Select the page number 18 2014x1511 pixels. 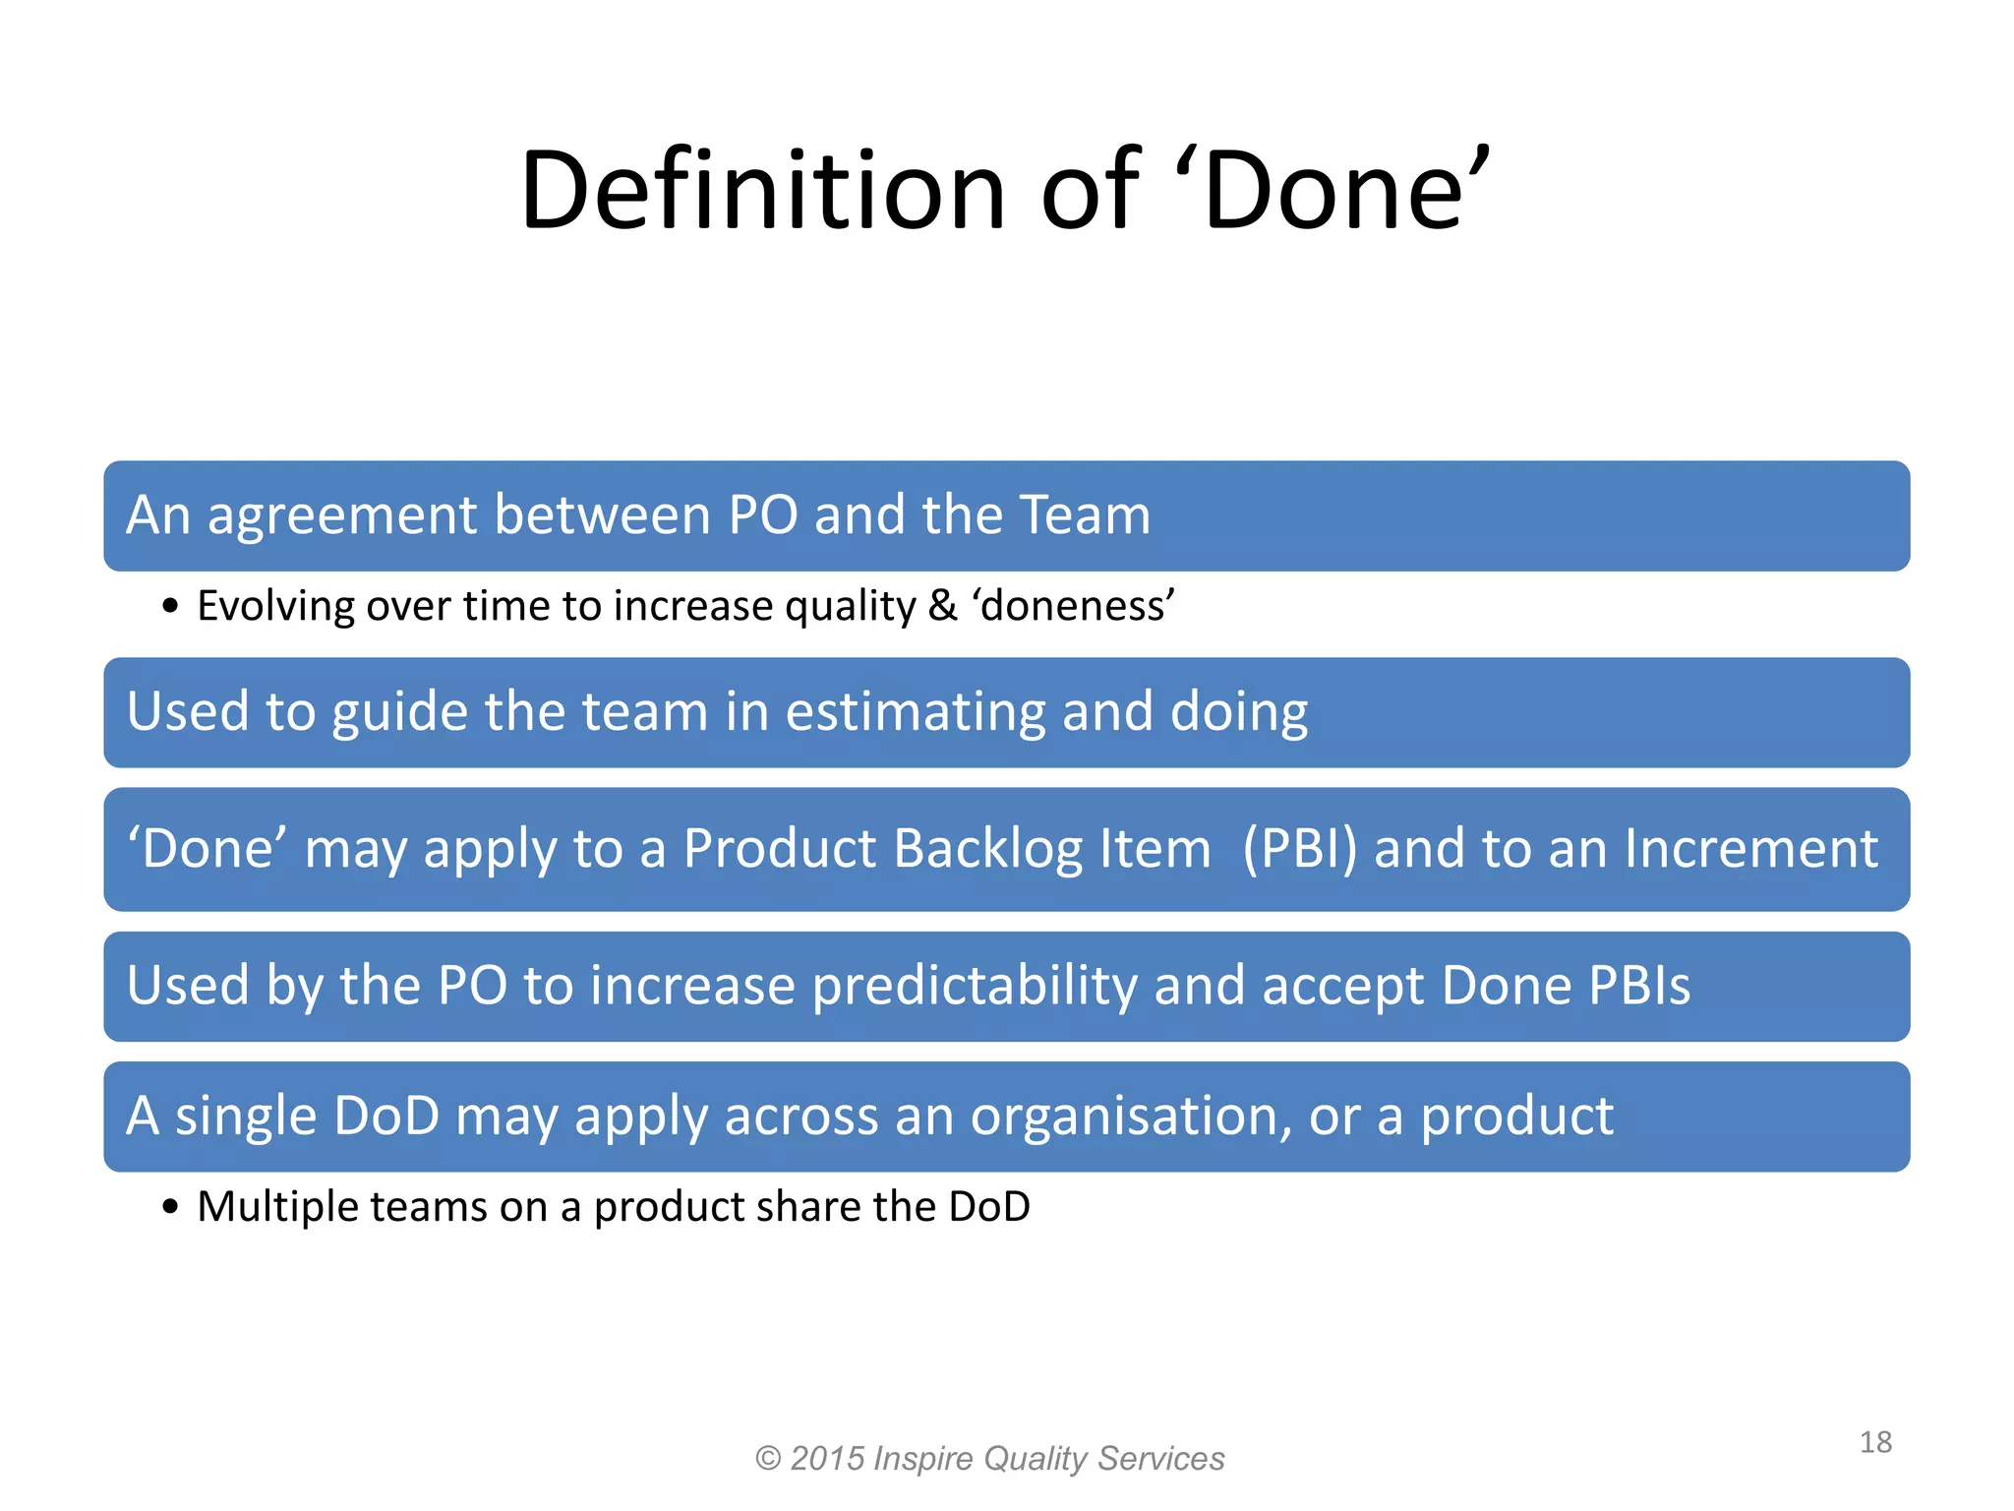pyautogui.click(x=1875, y=1442)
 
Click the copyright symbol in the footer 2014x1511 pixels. pyautogui.click(x=767, y=1458)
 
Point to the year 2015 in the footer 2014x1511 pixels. pyautogui.click(x=827, y=1458)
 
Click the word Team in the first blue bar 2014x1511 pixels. pyautogui.click(x=1085, y=514)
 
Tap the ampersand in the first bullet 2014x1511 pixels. pyautogui.click(x=942, y=606)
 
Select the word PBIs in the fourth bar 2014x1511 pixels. pyautogui.click(x=1639, y=986)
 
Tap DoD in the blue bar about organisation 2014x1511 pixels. pyautogui.click(x=386, y=1117)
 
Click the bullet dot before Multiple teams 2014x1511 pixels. pyautogui.click(x=171, y=1207)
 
